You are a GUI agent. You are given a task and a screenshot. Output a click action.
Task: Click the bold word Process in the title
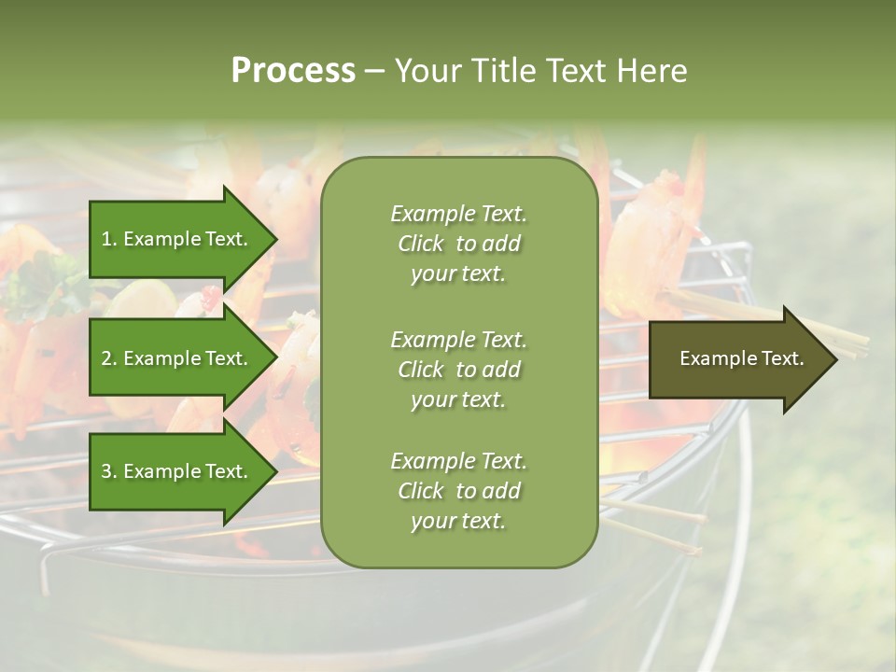(293, 71)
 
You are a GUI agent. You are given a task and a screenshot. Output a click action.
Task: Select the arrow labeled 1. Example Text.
(177, 239)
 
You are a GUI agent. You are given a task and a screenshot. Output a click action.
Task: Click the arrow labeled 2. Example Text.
(177, 358)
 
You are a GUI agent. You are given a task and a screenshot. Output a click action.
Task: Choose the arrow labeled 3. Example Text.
(177, 471)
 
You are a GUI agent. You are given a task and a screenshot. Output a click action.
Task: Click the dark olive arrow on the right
(737, 359)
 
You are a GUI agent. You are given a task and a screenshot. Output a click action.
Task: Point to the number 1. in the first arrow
(108, 239)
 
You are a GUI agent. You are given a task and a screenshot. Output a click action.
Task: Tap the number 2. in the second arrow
(108, 358)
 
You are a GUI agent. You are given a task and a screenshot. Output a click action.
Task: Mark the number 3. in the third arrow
(108, 471)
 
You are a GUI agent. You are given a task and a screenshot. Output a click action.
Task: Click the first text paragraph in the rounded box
(458, 244)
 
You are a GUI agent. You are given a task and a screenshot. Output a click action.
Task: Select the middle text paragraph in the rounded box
(458, 370)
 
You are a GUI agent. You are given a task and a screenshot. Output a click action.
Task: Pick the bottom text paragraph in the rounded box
(458, 491)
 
